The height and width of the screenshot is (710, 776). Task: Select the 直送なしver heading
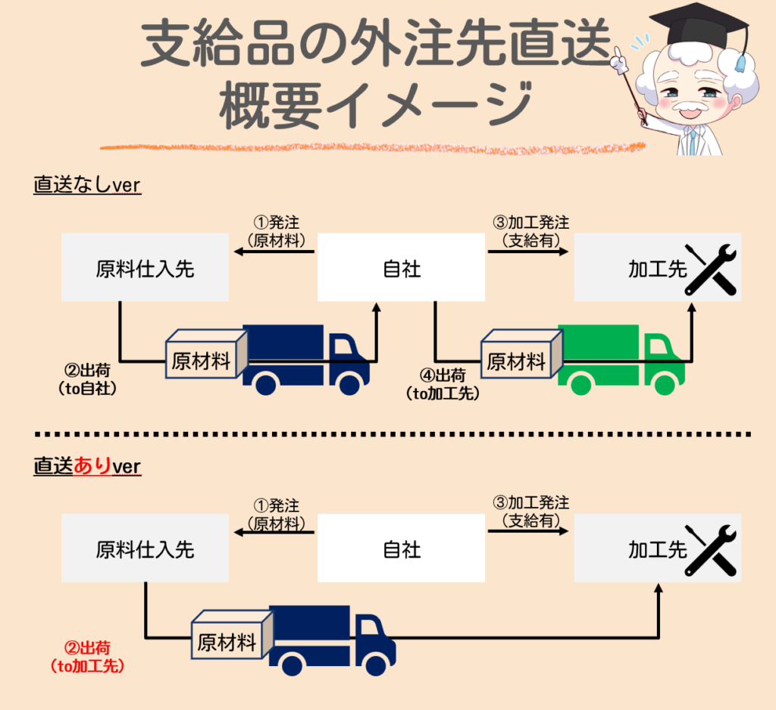87,186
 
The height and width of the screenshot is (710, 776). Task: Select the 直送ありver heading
87,466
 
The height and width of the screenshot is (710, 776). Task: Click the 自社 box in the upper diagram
401,267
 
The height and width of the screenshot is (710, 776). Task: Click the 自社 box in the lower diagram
401,548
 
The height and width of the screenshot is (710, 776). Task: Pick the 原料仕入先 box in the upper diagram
145,267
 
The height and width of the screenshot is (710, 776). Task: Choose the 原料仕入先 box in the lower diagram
145,548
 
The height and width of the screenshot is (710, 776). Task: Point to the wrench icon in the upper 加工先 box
710,269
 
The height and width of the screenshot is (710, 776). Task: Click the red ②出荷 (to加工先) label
88,657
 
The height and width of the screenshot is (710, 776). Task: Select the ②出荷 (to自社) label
88,379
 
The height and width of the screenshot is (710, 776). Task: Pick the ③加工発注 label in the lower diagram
531,511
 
